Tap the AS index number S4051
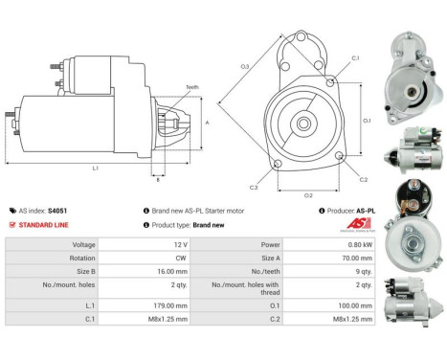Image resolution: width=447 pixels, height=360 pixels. (57, 211)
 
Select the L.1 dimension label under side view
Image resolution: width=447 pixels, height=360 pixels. (96, 169)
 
